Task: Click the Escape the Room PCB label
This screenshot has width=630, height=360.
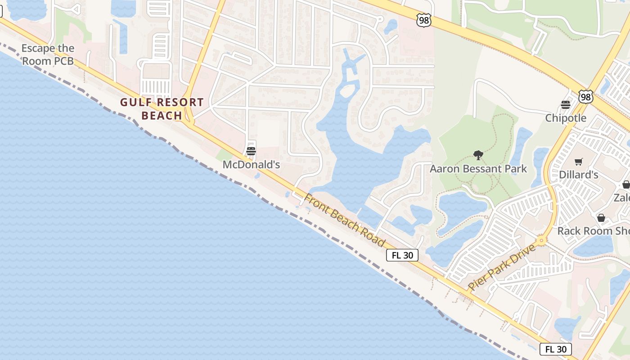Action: pyautogui.click(x=48, y=54)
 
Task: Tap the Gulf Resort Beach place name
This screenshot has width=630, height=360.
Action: pyautogui.click(x=162, y=109)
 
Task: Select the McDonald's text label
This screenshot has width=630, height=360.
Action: pyautogui.click(x=251, y=165)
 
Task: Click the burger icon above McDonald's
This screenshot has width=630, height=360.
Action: pyautogui.click(x=251, y=151)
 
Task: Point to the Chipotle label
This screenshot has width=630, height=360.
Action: pyautogui.click(x=566, y=118)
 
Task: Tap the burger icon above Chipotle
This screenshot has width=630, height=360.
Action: pyautogui.click(x=566, y=105)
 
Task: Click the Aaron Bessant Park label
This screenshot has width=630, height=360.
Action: pyautogui.click(x=478, y=169)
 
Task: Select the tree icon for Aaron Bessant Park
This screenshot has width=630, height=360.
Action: pyautogui.click(x=478, y=155)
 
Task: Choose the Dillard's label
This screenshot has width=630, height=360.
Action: pyautogui.click(x=578, y=174)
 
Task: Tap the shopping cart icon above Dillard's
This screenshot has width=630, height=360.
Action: pyautogui.click(x=578, y=161)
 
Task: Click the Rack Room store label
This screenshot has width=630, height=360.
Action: pyautogui.click(x=593, y=231)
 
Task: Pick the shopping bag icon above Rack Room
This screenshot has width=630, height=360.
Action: pyautogui.click(x=601, y=218)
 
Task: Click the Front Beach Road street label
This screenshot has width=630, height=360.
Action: pyautogui.click(x=345, y=220)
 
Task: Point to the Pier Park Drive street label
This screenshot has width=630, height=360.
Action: pyautogui.click(x=501, y=267)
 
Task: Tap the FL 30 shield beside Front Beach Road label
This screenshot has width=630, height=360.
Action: pyautogui.click(x=402, y=255)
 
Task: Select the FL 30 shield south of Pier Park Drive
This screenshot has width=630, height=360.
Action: pyautogui.click(x=555, y=349)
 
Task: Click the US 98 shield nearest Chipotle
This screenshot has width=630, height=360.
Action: pyautogui.click(x=585, y=97)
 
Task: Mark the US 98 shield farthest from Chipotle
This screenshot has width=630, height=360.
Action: pyautogui.click(x=423, y=20)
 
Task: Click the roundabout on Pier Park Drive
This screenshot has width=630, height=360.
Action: pyautogui.click(x=541, y=241)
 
